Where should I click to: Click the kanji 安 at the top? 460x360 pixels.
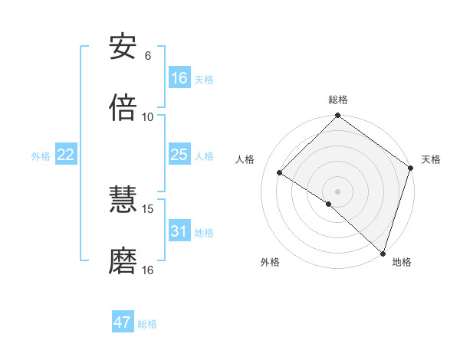123,47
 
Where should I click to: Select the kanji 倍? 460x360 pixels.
123,108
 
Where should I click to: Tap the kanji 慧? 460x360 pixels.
123,201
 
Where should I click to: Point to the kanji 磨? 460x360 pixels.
123,262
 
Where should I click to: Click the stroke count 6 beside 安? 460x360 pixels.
148,56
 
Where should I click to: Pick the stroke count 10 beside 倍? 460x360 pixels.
148,116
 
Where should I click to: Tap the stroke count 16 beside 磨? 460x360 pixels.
148,270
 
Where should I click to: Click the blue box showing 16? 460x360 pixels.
179,78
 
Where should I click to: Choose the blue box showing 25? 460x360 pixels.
179,155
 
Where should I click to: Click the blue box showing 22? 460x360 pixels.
66,155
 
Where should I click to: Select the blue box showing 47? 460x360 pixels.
123,322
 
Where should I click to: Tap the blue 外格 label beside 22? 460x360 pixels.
41,156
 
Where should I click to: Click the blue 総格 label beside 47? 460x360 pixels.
147,324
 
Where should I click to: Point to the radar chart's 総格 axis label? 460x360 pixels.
338,100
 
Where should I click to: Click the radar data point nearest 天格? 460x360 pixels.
411,169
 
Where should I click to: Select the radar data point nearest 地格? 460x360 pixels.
383,252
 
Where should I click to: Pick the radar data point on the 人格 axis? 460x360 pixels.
280,173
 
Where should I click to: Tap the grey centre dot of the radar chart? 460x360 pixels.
338,191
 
